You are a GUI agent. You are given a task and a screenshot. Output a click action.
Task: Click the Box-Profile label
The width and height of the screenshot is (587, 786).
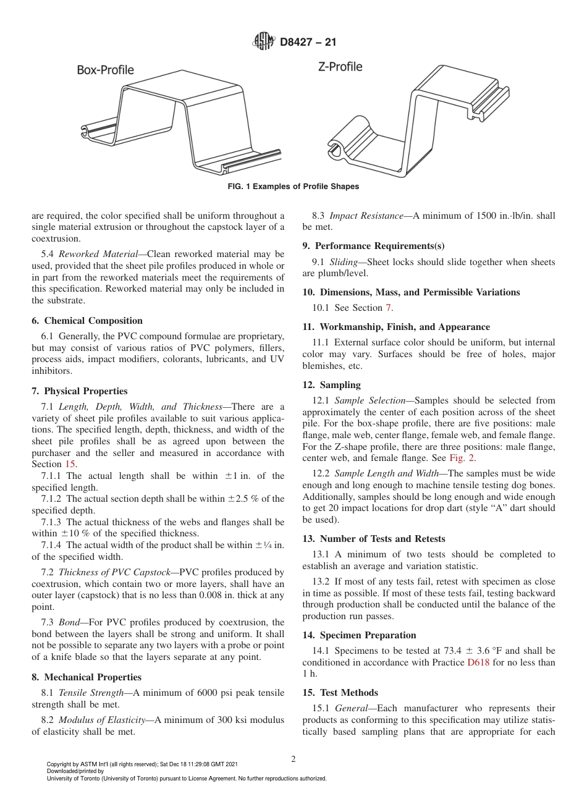(x=105, y=70)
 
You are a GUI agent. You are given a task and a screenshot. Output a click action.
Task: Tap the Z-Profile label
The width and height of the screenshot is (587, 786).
(x=340, y=66)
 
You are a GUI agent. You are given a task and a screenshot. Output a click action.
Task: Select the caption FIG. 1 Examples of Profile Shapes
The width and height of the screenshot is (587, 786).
(x=293, y=187)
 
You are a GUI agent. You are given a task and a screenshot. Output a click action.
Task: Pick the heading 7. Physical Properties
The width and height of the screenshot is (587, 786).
(x=80, y=391)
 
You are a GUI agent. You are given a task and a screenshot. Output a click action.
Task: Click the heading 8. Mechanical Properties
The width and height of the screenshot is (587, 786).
(x=87, y=677)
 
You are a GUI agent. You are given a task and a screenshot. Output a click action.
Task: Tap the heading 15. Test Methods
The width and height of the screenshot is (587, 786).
(x=340, y=693)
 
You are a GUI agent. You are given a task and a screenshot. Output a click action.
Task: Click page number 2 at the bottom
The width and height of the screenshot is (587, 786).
(x=293, y=759)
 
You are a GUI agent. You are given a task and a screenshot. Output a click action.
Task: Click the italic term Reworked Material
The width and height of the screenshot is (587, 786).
(x=103, y=254)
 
